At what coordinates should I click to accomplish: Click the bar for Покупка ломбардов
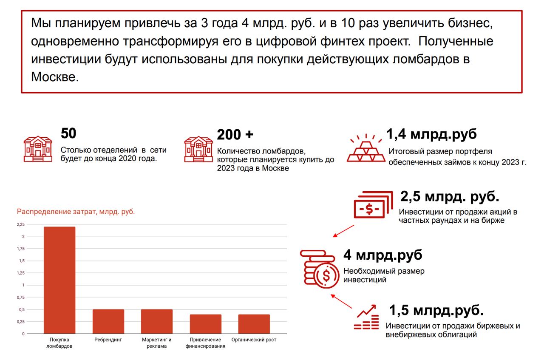[59, 281]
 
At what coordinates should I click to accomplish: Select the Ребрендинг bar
[108, 321]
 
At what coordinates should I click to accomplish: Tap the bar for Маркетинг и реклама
[157, 321]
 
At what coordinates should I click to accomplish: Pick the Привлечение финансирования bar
[205, 324]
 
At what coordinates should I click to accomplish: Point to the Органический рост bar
[254, 324]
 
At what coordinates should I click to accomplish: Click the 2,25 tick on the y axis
[21, 224]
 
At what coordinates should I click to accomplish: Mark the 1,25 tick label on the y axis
[21, 273]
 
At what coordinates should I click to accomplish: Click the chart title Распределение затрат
[76, 211]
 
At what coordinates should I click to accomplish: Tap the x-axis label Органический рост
[254, 340]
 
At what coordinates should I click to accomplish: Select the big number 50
[68, 133]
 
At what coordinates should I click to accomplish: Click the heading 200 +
[235, 135]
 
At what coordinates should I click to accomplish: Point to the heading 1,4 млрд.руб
[431, 134]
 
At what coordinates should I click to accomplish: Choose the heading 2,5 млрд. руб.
[450, 197]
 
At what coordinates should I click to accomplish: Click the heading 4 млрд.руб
[383, 255]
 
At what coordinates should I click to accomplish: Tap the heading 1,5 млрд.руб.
[436, 310]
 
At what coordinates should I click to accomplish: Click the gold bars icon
[366, 148]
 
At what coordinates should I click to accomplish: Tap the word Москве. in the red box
[55, 77]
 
